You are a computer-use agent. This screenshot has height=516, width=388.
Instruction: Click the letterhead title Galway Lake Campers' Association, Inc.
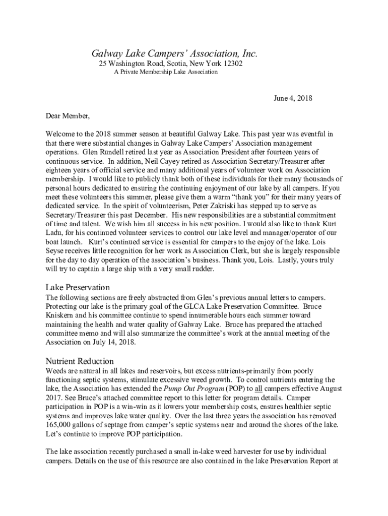click(174, 53)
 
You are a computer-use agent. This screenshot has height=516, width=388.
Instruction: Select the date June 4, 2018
click(293, 99)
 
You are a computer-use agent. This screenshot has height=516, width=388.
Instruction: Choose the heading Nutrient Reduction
click(80, 361)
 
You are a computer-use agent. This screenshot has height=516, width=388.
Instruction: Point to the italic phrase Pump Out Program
click(193, 389)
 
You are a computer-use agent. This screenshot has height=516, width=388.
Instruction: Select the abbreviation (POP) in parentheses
click(235, 389)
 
